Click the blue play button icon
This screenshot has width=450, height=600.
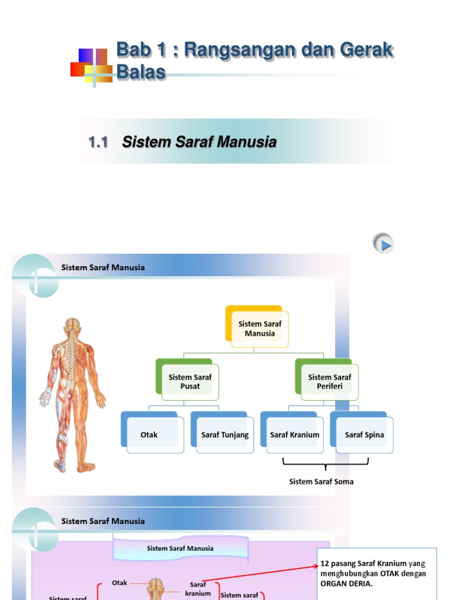383,243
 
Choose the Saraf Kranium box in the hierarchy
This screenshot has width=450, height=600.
295,435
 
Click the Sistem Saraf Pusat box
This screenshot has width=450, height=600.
190,381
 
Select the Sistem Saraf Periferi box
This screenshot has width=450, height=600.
329,381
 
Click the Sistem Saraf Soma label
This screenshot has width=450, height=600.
322,482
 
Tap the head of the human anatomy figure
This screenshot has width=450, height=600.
72,325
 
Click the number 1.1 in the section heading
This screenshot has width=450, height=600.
99,142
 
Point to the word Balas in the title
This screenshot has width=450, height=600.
141,72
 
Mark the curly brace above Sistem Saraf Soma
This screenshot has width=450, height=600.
326,463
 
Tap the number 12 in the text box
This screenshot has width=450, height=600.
325,563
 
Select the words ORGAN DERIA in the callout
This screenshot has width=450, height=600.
346,584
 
